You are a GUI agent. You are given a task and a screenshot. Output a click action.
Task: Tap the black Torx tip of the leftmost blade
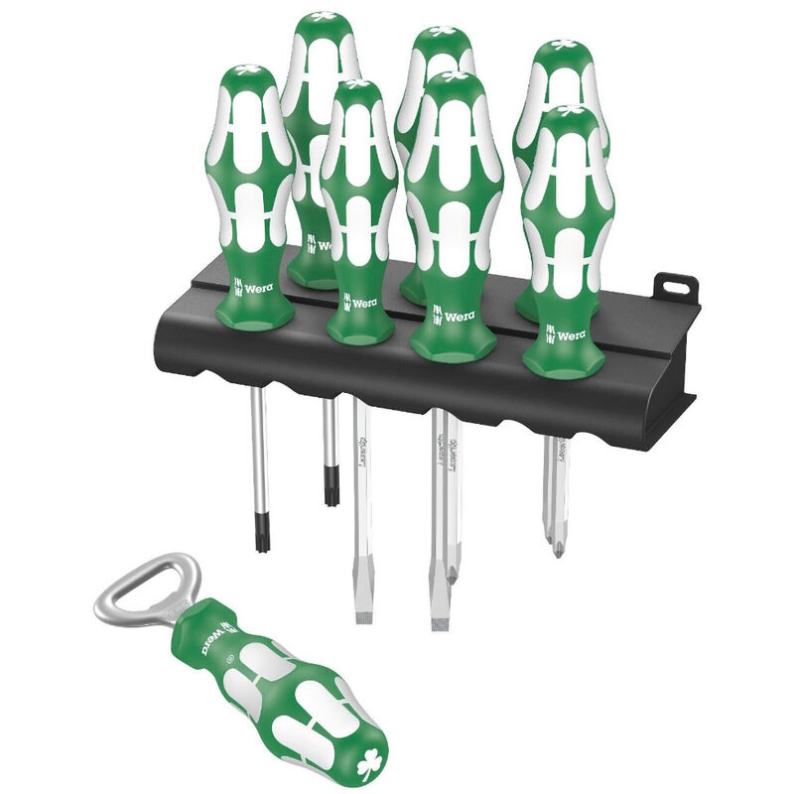coord(262,537)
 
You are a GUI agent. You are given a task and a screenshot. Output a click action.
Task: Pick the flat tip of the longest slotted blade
coord(438,620)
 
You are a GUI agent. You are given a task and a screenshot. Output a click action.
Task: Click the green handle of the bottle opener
coord(278,695)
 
